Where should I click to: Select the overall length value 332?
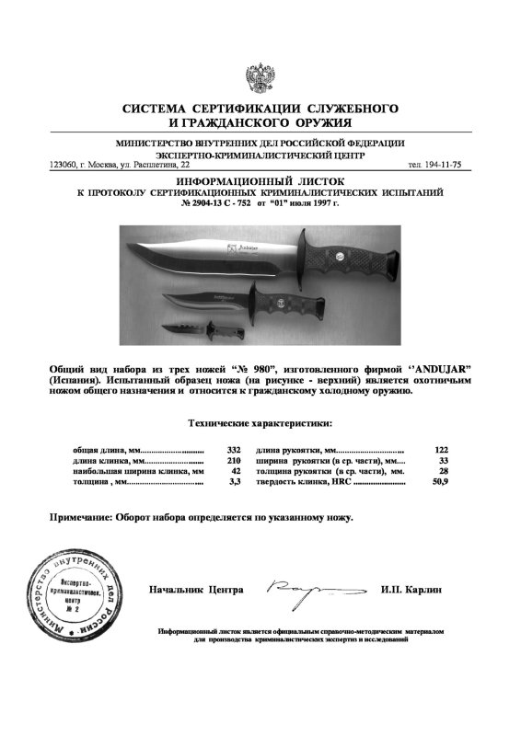click(x=233, y=449)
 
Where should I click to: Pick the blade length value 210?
click(x=233, y=460)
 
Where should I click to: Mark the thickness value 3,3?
click(x=234, y=481)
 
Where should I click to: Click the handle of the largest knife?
click(x=353, y=255)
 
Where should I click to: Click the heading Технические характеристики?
click(x=260, y=423)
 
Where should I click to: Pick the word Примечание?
click(x=81, y=517)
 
